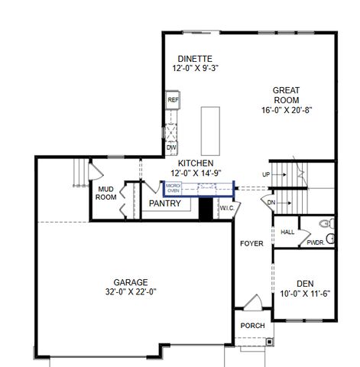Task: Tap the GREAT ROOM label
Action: [286, 95]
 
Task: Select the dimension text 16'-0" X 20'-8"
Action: [286, 109]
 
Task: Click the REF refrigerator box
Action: [173, 100]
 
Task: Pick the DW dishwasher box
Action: [172, 147]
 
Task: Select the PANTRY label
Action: [165, 203]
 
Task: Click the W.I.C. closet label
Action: [227, 207]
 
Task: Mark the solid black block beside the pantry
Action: [205, 209]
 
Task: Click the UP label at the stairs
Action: [265, 175]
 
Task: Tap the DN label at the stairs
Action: [271, 203]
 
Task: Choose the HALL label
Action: [287, 232]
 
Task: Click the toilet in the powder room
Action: [327, 223]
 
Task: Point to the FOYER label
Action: [251, 244]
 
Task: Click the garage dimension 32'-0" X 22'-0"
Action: [131, 291]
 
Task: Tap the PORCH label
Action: [252, 326]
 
